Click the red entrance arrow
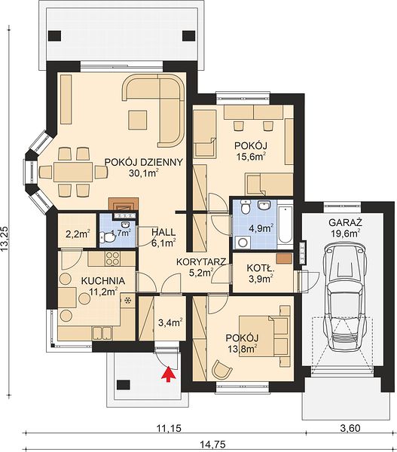click(x=169, y=374)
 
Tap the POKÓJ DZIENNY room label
click(x=143, y=162)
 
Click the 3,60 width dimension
click(x=350, y=428)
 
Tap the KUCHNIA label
click(x=103, y=280)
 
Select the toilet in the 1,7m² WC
click(x=107, y=238)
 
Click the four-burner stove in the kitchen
click(x=113, y=258)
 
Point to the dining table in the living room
click(x=73, y=172)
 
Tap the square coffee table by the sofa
click(x=138, y=120)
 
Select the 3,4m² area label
click(x=170, y=322)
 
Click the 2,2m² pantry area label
click(x=78, y=234)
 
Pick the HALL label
click(x=163, y=232)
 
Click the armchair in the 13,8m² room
click(x=221, y=369)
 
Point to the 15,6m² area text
click(x=251, y=156)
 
